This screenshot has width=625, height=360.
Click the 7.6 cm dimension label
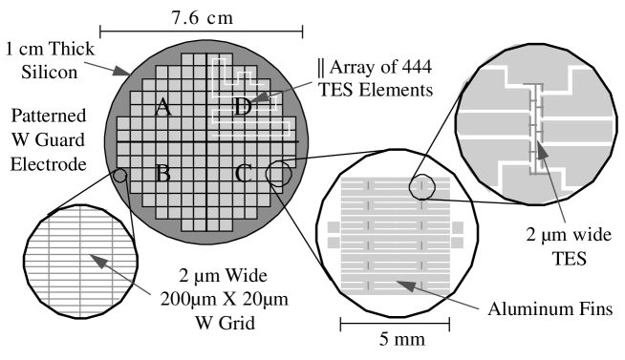click(205, 18)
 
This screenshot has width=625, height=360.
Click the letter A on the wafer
click(162, 108)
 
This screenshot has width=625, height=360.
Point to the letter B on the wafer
click(162, 174)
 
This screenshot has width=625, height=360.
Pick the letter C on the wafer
click(243, 174)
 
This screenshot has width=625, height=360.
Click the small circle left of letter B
click(119, 176)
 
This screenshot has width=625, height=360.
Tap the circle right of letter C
click(279, 173)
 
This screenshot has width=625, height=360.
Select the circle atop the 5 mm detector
click(421, 187)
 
